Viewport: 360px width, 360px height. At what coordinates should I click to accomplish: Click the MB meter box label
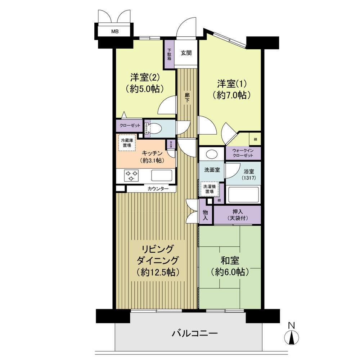tap(114, 31)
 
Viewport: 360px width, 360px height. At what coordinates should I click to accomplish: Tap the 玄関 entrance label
tap(186, 53)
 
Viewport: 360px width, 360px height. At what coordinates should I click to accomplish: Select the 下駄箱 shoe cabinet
tap(169, 54)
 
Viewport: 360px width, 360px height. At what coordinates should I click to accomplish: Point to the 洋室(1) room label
tap(231, 89)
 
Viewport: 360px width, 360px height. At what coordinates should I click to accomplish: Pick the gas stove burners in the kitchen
tap(131, 175)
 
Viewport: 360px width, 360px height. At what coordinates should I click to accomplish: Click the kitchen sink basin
tap(161, 175)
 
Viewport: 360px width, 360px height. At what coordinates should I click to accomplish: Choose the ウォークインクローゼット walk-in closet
tap(243, 153)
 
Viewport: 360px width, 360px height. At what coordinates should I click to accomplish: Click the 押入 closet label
tap(237, 215)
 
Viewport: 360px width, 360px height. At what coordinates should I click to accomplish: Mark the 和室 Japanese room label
tap(229, 266)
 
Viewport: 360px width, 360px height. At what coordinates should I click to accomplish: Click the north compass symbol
tap(292, 338)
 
